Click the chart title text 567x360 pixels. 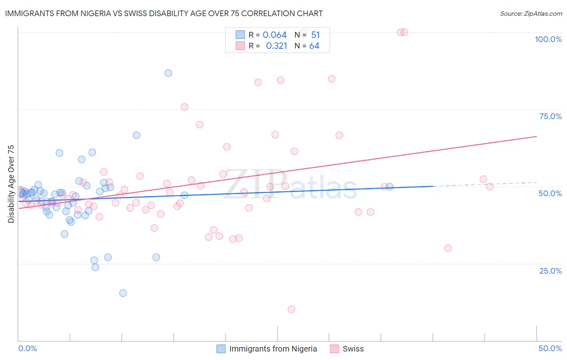coord(164,13)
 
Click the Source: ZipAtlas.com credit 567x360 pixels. coord(531,13)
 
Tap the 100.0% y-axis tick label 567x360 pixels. coord(548,39)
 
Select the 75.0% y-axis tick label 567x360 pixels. coord(550,116)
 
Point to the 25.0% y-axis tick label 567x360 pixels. coord(550,271)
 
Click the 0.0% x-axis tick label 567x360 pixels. coord(27,348)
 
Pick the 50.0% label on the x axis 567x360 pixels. coord(550,348)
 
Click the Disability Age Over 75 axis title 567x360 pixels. coord(11,184)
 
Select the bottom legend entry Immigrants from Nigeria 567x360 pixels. coord(273,349)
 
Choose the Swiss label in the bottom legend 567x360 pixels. coord(353,349)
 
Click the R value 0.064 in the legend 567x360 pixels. coord(275,35)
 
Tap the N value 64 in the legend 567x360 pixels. coord(314,46)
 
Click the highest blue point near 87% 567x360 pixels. coord(168,73)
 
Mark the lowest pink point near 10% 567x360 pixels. coord(291,309)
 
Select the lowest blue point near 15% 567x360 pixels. coord(123,293)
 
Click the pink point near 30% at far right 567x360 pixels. coord(448,248)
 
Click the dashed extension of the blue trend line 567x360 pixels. coord(484,184)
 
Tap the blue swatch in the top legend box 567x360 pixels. coord(240,35)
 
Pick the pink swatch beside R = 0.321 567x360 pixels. coord(240,46)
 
